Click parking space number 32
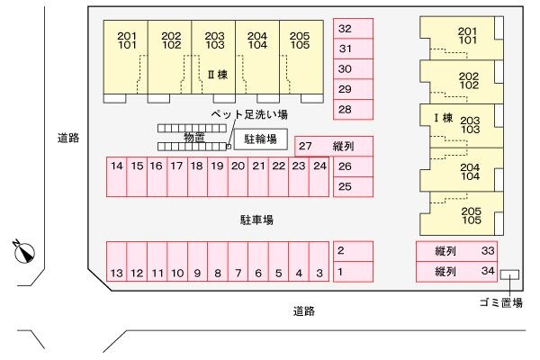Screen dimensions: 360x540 click(353, 29)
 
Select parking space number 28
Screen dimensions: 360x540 click(353, 110)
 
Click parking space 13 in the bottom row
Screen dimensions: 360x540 click(117, 263)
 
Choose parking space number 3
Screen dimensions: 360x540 click(319, 263)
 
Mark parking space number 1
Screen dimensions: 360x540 click(353, 272)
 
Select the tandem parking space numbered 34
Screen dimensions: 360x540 click(457, 271)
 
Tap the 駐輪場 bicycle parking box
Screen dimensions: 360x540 click(261, 140)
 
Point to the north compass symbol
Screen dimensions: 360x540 click(25, 252)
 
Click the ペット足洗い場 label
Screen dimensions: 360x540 click(249, 115)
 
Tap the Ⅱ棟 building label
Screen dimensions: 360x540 click(216, 75)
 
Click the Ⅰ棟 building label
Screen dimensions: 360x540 click(442, 118)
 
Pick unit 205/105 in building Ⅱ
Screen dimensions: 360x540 click(300, 40)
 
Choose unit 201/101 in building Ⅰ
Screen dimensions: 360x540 click(468, 36)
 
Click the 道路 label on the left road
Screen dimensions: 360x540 click(68, 139)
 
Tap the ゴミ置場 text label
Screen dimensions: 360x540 click(501, 303)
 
